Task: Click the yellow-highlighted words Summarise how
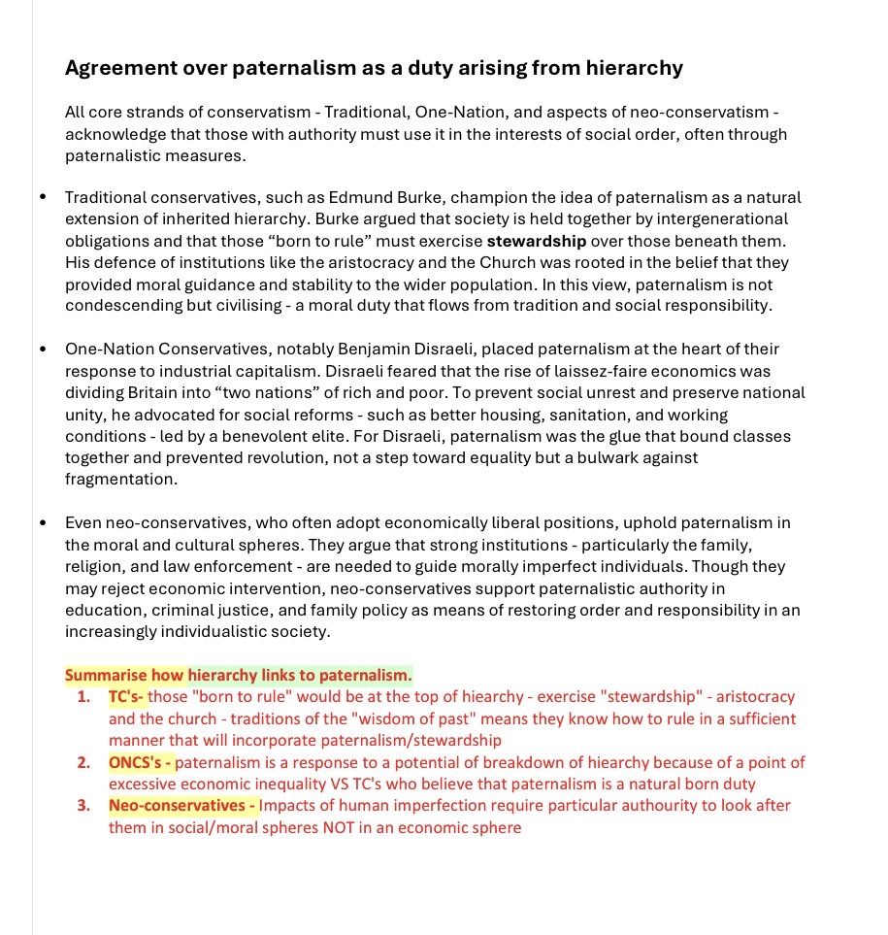coord(124,675)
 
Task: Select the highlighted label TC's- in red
coord(126,697)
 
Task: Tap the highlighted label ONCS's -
coord(140,762)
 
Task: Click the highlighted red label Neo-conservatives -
coord(182,806)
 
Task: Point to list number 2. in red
coord(83,762)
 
